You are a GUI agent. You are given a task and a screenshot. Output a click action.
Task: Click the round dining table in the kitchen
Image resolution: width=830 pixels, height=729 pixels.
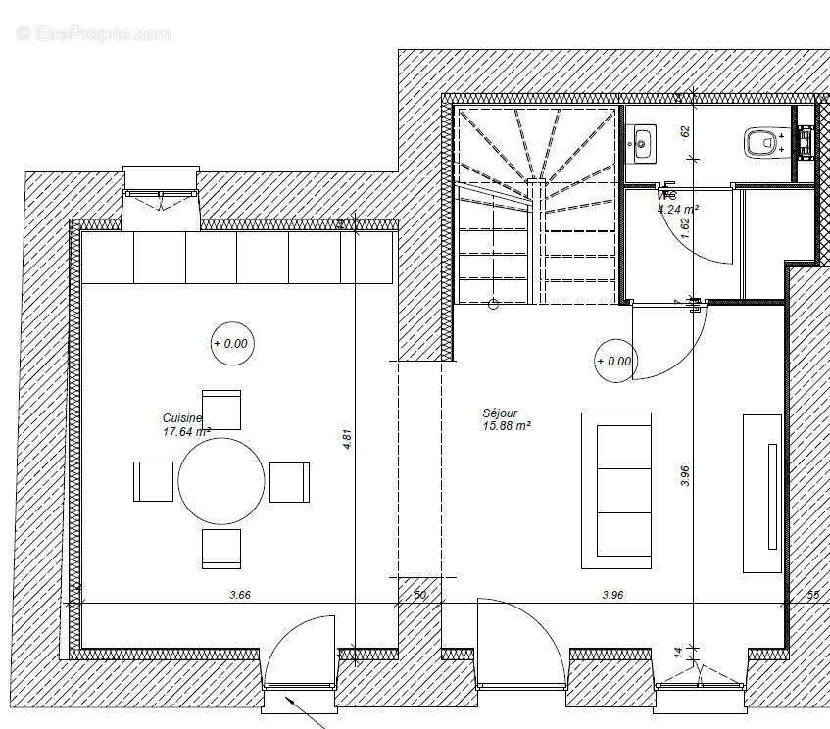point(221,481)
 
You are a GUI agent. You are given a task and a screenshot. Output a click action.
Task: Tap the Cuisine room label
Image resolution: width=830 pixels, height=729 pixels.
point(182,418)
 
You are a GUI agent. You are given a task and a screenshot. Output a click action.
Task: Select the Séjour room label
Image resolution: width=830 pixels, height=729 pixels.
point(500,413)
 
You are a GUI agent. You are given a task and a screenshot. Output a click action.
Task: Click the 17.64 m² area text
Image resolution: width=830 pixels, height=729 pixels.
point(187,431)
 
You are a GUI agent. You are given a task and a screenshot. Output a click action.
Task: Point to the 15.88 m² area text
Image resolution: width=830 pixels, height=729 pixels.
point(507,426)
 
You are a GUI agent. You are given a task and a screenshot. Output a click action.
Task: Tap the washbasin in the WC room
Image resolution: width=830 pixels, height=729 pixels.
point(643,143)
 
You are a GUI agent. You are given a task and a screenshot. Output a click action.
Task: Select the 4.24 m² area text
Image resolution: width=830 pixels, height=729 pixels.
point(677,209)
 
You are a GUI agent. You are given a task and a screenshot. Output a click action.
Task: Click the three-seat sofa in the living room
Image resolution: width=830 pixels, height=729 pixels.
point(616,490)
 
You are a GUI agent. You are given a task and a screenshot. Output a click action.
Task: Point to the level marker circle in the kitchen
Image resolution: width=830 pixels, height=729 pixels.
point(230,344)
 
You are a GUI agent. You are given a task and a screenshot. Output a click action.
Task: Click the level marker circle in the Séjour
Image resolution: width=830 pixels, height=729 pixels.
point(614,361)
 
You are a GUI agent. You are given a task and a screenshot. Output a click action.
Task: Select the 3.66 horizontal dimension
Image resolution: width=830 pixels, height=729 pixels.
point(239,594)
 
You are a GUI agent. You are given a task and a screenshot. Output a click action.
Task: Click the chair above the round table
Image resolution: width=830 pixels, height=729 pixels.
point(221,410)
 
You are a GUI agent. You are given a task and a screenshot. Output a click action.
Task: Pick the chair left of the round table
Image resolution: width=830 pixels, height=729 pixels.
point(153,481)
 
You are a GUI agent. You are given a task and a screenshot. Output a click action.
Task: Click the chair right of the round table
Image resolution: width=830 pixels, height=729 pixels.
point(290,481)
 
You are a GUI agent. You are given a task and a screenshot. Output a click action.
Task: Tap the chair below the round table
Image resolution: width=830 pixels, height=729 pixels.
point(221,549)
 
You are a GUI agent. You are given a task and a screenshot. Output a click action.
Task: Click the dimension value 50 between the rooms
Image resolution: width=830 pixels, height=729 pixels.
point(420,594)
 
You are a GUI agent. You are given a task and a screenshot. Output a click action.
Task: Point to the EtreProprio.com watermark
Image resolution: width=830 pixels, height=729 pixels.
point(93,33)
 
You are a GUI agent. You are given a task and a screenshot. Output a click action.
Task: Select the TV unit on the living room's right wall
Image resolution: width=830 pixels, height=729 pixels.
point(762,493)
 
